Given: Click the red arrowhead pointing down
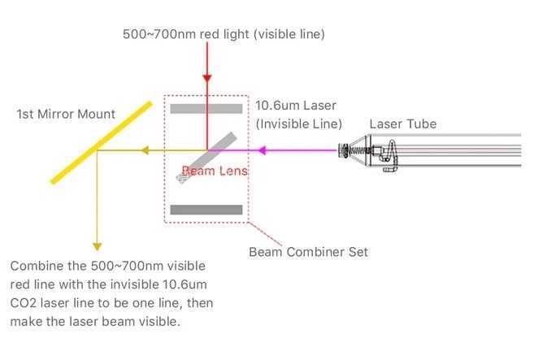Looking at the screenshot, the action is pyautogui.click(x=207, y=78).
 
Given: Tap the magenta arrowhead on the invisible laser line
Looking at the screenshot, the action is pyautogui.click(x=262, y=150).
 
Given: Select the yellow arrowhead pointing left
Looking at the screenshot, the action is pyautogui.click(x=145, y=150).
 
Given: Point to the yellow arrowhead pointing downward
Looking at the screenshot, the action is pyautogui.click(x=97, y=246).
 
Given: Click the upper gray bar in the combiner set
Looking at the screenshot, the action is pyautogui.click(x=206, y=109).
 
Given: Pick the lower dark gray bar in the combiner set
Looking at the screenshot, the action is pyautogui.click(x=206, y=210).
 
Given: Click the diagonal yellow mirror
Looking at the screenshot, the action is pyautogui.click(x=102, y=143).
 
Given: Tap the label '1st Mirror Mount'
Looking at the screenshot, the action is pyautogui.click(x=66, y=114).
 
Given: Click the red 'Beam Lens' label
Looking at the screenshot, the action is pyautogui.click(x=215, y=171).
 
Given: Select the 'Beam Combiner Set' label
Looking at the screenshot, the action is pyautogui.click(x=309, y=253).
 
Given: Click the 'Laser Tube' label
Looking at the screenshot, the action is pyautogui.click(x=403, y=124).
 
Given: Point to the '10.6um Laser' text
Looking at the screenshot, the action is pyautogui.click(x=296, y=106).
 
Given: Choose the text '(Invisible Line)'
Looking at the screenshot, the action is pyautogui.click(x=298, y=124).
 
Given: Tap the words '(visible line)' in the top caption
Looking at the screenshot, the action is pyautogui.click(x=289, y=34).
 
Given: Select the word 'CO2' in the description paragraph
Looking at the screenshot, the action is pyautogui.click(x=23, y=303).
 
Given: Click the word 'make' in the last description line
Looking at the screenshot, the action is pyautogui.click(x=26, y=322).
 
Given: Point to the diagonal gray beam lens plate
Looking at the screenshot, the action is pyautogui.click(x=206, y=158).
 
